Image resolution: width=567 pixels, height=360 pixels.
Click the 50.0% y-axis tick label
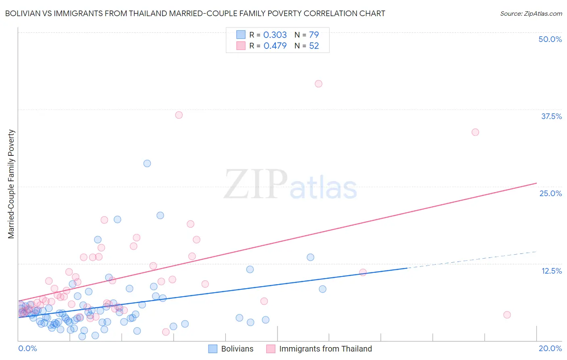point(550,39)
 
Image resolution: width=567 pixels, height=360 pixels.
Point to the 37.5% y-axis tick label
point(551,116)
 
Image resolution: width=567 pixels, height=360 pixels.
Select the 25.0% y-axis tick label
point(550,193)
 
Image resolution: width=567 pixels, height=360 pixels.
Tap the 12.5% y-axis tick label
point(551,271)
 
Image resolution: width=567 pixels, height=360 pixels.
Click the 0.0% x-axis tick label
point(27,348)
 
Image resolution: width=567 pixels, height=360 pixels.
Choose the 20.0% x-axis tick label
point(550,348)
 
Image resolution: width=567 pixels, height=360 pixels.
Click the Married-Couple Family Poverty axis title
point(11,184)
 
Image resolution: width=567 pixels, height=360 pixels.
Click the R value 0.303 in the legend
point(275,35)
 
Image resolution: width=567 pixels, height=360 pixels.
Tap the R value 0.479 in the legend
point(275,46)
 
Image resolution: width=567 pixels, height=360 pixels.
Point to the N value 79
point(314,35)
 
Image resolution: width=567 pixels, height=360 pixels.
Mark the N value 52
point(314,46)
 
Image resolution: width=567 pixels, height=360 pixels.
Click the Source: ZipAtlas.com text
point(531,14)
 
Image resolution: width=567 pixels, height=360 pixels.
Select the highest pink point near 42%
point(319,84)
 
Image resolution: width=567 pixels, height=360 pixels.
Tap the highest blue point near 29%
point(147,163)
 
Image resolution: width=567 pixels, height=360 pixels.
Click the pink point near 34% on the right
point(475,132)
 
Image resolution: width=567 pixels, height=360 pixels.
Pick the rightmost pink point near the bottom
point(507,315)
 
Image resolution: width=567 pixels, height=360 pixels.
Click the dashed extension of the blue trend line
point(472,260)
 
